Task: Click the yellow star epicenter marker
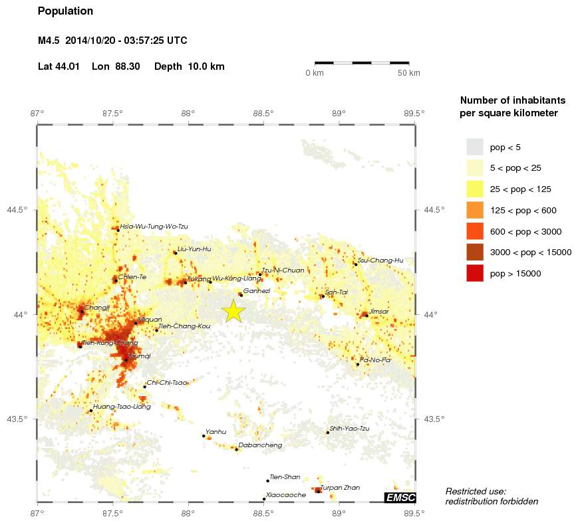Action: [x=233, y=311]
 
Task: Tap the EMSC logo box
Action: [x=400, y=498]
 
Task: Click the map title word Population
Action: [x=65, y=11]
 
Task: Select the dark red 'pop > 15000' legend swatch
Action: [x=474, y=273]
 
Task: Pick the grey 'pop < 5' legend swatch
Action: [x=474, y=146]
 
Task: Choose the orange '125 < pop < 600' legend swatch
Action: [x=474, y=210]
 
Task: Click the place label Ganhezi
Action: [x=256, y=291]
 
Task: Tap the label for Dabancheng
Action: [x=260, y=445]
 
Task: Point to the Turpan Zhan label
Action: [x=340, y=488]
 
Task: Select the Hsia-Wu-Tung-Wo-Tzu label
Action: [x=154, y=227]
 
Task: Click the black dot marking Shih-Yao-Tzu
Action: [x=328, y=433]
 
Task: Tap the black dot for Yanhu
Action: [x=204, y=436]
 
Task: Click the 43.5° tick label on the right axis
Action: [x=434, y=419]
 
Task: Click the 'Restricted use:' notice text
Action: [x=476, y=491]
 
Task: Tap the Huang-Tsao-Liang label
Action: [x=122, y=406]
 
